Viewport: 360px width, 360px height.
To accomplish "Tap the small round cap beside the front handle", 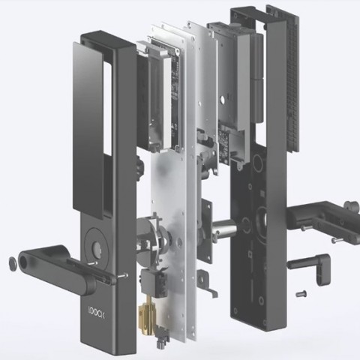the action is click(13, 263).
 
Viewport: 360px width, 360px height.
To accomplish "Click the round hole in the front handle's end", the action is click(25, 262).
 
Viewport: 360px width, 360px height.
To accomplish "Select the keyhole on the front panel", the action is click(97, 248).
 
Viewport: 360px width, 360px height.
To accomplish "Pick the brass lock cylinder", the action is click(147, 314).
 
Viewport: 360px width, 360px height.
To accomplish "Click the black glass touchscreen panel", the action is click(88, 130).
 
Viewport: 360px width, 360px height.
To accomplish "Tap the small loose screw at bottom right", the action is click(301, 293).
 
